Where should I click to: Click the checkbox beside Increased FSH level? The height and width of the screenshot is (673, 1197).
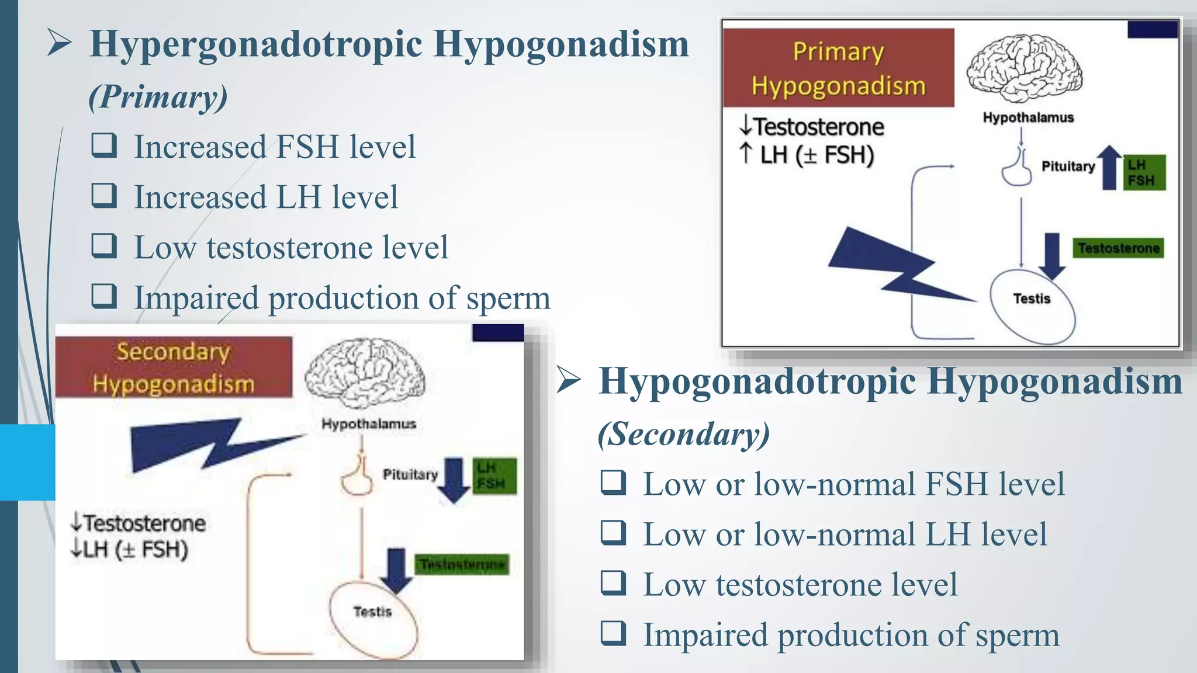[104, 145]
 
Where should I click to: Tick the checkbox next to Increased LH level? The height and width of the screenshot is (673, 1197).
[104, 195]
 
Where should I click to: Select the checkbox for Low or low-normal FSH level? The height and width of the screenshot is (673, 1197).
[613, 483]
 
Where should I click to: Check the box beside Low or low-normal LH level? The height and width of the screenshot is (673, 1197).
[613, 533]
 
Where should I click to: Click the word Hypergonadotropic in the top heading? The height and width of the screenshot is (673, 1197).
[256, 44]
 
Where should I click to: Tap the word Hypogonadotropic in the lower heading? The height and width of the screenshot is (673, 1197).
[757, 382]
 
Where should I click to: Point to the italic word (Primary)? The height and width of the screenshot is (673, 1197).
[158, 97]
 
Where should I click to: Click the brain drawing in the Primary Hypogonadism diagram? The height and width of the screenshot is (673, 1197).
[1024, 68]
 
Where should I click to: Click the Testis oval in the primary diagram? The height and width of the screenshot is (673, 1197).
[1032, 305]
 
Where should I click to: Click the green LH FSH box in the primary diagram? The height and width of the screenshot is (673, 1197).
[1144, 172]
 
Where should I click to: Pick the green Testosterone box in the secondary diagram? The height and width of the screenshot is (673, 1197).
[462, 564]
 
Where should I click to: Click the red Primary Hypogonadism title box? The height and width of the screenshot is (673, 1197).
[838, 68]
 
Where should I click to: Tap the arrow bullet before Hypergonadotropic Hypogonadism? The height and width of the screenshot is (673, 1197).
[59, 43]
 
